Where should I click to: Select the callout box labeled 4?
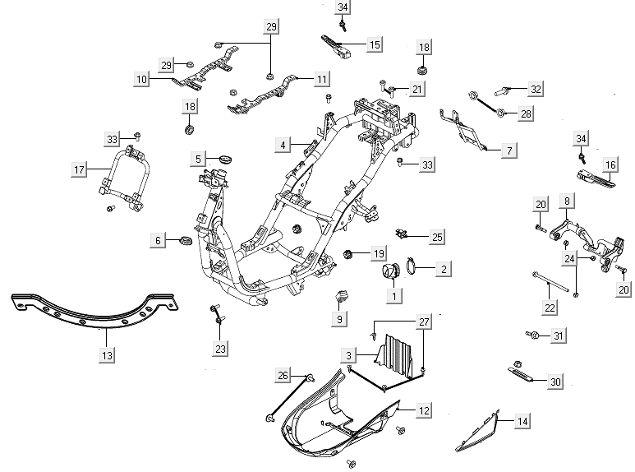click(282, 145)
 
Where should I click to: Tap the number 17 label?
click(79, 170)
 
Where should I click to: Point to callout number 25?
click(437, 237)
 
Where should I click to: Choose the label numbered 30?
click(555, 382)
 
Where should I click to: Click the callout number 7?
click(508, 150)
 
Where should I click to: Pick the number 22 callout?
click(550, 307)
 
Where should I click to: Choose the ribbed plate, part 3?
click(397, 354)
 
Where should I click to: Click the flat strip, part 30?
click(524, 377)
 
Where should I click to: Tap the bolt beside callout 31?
click(533, 335)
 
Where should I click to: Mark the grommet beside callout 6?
click(184, 240)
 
